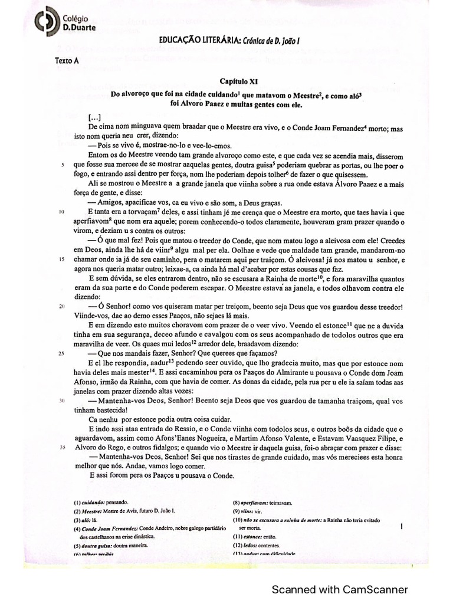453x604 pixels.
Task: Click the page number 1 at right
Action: (401, 526)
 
